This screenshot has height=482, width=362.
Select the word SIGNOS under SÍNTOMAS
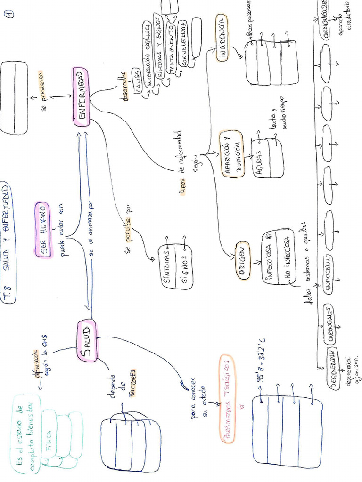[x=184, y=266]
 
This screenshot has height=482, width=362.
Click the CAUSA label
[x=137, y=84]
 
